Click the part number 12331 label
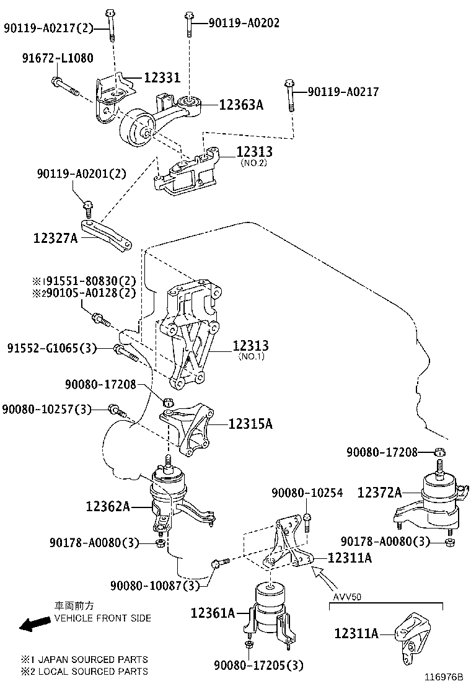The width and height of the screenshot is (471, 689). point(162,77)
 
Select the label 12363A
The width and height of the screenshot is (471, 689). point(241,105)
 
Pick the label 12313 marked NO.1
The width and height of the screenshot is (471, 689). point(251,346)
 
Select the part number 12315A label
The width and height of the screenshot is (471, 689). point(250,424)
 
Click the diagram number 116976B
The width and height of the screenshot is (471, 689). point(444,678)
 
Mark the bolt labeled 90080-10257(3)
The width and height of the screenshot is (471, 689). point(117,410)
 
